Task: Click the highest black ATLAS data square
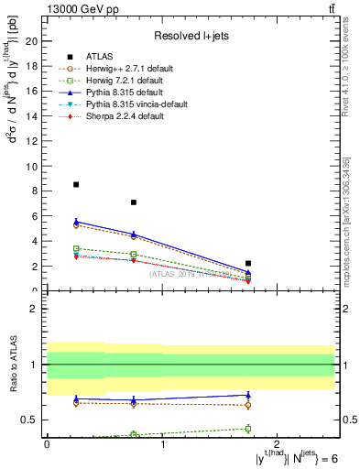tap(76, 184)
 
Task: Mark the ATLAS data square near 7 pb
tap(134, 202)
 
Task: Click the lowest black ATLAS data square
tap(248, 263)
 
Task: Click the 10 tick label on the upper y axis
tap(35, 166)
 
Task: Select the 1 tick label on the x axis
tap(162, 444)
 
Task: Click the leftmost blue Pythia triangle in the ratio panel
tap(76, 398)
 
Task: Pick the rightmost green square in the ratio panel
tap(248, 428)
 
